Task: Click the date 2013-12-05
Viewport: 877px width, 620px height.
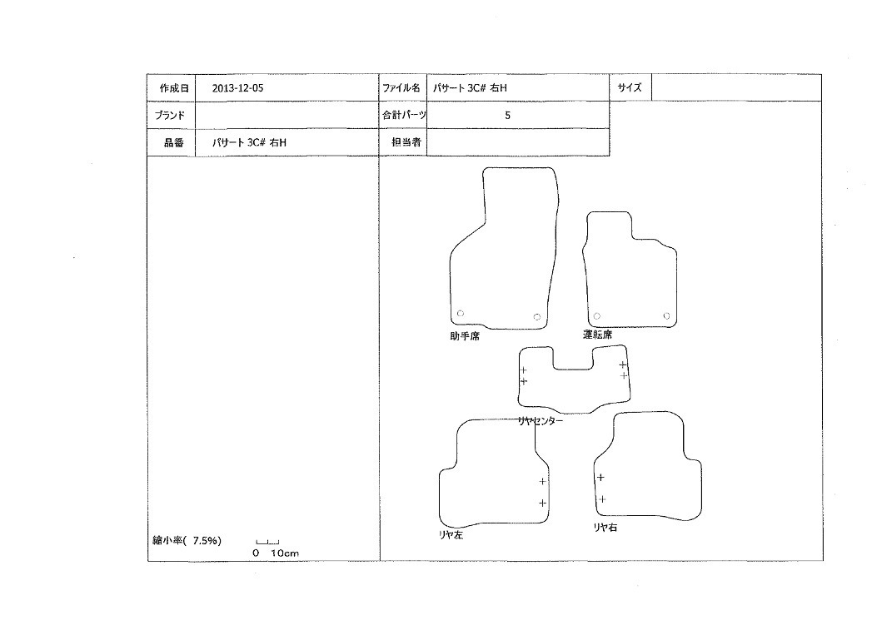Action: (237, 88)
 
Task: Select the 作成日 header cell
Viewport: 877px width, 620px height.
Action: (171, 87)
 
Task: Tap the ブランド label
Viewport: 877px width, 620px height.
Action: (169, 115)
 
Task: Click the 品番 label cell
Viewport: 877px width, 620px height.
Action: (171, 142)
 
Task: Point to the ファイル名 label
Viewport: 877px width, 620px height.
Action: (401, 87)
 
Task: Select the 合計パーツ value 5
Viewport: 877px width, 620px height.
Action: (507, 115)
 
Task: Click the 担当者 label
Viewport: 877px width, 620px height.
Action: (406, 142)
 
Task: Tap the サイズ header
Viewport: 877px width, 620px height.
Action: (630, 87)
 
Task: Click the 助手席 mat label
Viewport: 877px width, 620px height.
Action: (465, 336)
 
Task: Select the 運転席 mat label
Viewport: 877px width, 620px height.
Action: (597, 335)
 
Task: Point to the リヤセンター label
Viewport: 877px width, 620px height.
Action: (541, 421)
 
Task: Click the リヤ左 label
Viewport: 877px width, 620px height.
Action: (451, 535)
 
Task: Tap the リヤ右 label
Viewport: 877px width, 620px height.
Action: (605, 527)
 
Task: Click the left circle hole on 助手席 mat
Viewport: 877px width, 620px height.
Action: (461, 313)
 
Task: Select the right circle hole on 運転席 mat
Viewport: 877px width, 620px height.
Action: (666, 316)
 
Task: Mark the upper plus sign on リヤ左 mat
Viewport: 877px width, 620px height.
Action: (542, 481)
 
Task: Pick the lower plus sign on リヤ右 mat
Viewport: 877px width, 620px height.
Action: (602, 499)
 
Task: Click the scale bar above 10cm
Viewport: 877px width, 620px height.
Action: (267, 542)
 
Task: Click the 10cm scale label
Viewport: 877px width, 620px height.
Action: (285, 553)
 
